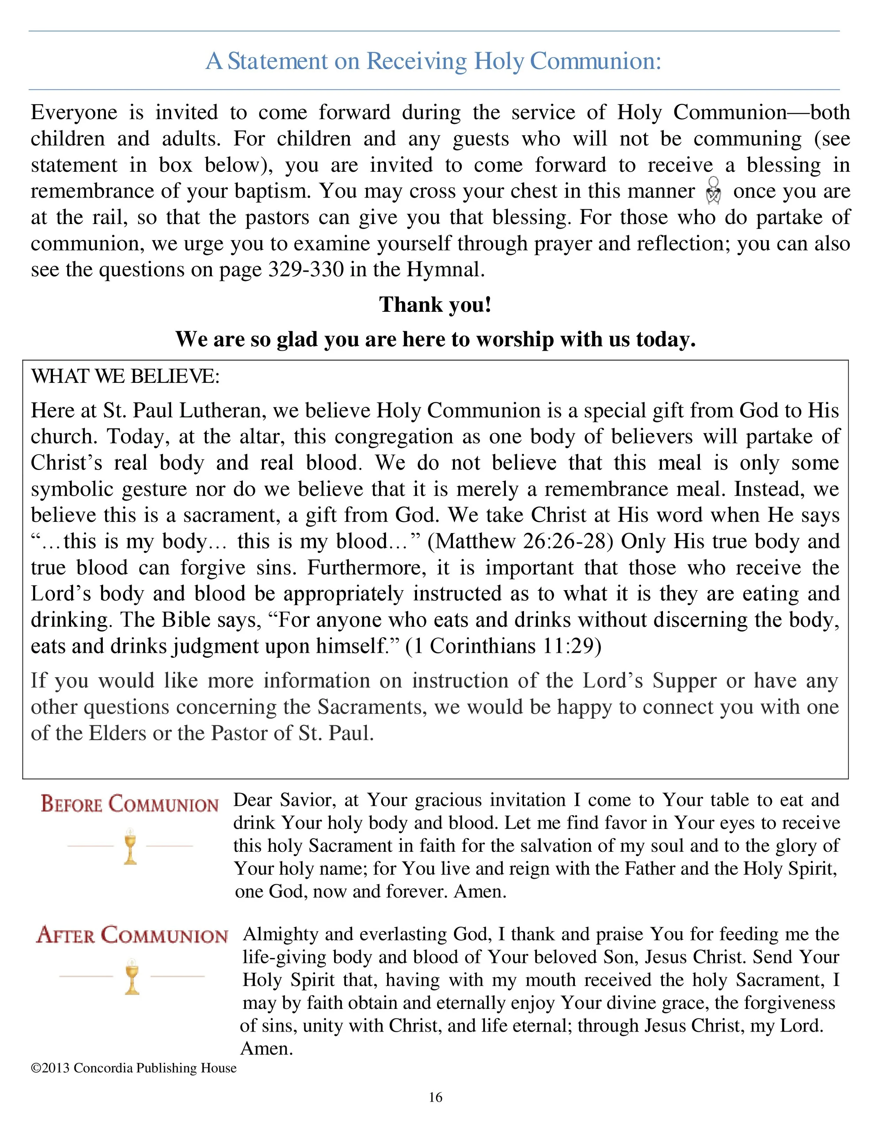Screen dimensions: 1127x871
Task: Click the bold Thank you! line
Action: click(x=435, y=304)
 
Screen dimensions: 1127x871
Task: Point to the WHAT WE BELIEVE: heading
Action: click(x=125, y=377)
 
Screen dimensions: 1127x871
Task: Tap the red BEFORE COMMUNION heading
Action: click(x=130, y=804)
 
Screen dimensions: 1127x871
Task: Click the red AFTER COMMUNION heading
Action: click(x=132, y=935)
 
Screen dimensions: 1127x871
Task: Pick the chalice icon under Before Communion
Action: click(x=130, y=846)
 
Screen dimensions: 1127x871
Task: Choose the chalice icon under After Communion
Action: click(x=132, y=977)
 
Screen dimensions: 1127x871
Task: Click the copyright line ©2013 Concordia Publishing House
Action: click(x=134, y=1068)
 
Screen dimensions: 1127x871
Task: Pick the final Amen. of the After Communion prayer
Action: click(x=267, y=1049)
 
